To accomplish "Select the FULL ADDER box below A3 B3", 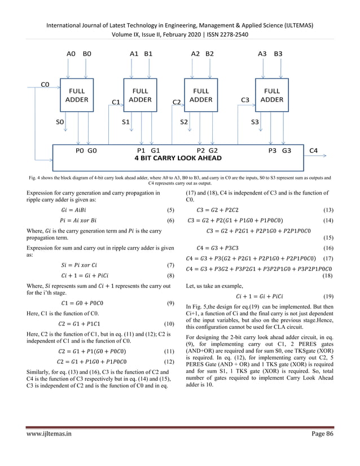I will [271, 95].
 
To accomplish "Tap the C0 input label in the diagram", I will [45, 85].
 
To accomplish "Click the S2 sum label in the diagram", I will [184, 121].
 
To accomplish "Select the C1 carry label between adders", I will [116, 103].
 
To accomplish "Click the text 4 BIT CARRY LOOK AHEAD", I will [178, 158].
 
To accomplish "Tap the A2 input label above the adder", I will [195, 54].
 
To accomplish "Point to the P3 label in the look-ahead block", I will [273, 151].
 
